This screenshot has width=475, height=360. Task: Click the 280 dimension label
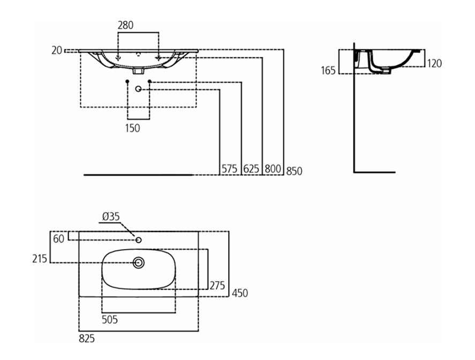point(125,25)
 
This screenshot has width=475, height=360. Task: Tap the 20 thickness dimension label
point(57,50)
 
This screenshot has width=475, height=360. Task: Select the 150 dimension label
point(133,128)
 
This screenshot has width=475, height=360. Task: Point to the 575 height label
point(229,169)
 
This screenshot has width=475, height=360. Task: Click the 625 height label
point(251,169)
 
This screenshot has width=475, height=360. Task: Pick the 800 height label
point(273,169)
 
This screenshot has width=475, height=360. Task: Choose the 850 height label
point(294,171)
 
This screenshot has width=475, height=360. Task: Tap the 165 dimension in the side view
point(328,71)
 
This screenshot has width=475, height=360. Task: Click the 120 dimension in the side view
point(434,63)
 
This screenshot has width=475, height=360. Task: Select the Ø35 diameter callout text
point(111,216)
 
